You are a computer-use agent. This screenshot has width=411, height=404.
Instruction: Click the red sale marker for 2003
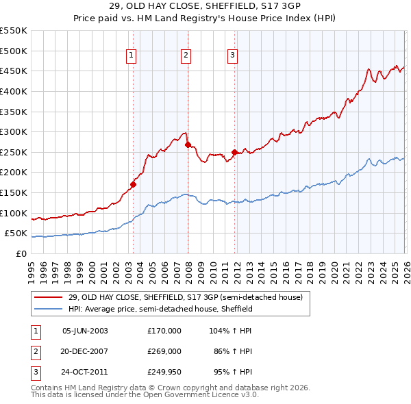point(133,184)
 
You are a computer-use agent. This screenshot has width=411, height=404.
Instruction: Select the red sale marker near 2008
point(188,144)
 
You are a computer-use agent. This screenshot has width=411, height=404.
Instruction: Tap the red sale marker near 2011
point(234,152)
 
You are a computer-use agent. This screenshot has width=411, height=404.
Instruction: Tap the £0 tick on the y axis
point(21,253)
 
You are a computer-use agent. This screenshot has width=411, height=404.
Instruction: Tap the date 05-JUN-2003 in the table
point(85,330)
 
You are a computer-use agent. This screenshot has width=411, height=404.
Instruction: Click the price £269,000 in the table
point(164,351)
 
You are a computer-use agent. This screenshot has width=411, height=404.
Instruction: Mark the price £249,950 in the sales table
point(164,373)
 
